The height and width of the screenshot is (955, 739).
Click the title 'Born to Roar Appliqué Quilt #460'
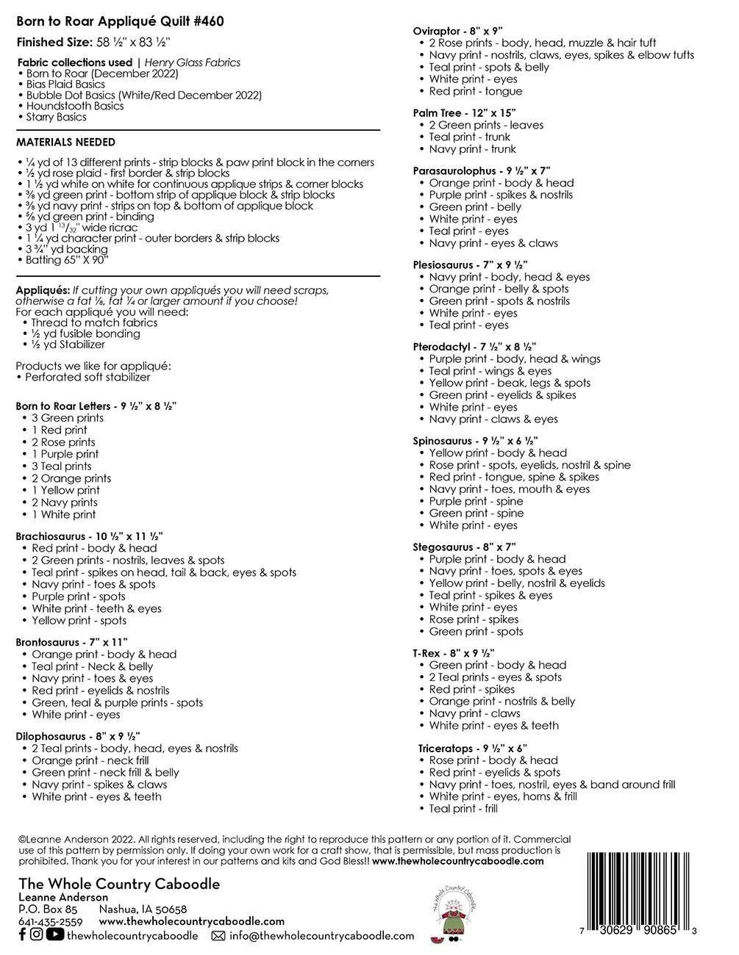[x=120, y=22]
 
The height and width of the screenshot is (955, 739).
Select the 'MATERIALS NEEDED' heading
[x=65, y=143]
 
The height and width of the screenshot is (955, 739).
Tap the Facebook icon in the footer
[x=21, y=934]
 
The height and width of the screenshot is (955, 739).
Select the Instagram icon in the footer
[x=36, y=934]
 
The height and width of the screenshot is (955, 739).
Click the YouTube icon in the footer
[x=54, y=934]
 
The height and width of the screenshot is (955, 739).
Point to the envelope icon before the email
[x=218, y=936]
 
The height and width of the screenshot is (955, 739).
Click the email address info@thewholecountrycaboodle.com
[x=321, y=936]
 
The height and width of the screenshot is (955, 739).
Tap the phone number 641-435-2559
[x=49, y=921]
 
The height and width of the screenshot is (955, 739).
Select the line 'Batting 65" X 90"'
[x=67, y=260]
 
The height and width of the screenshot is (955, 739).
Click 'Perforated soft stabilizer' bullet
[x=88, y=377]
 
